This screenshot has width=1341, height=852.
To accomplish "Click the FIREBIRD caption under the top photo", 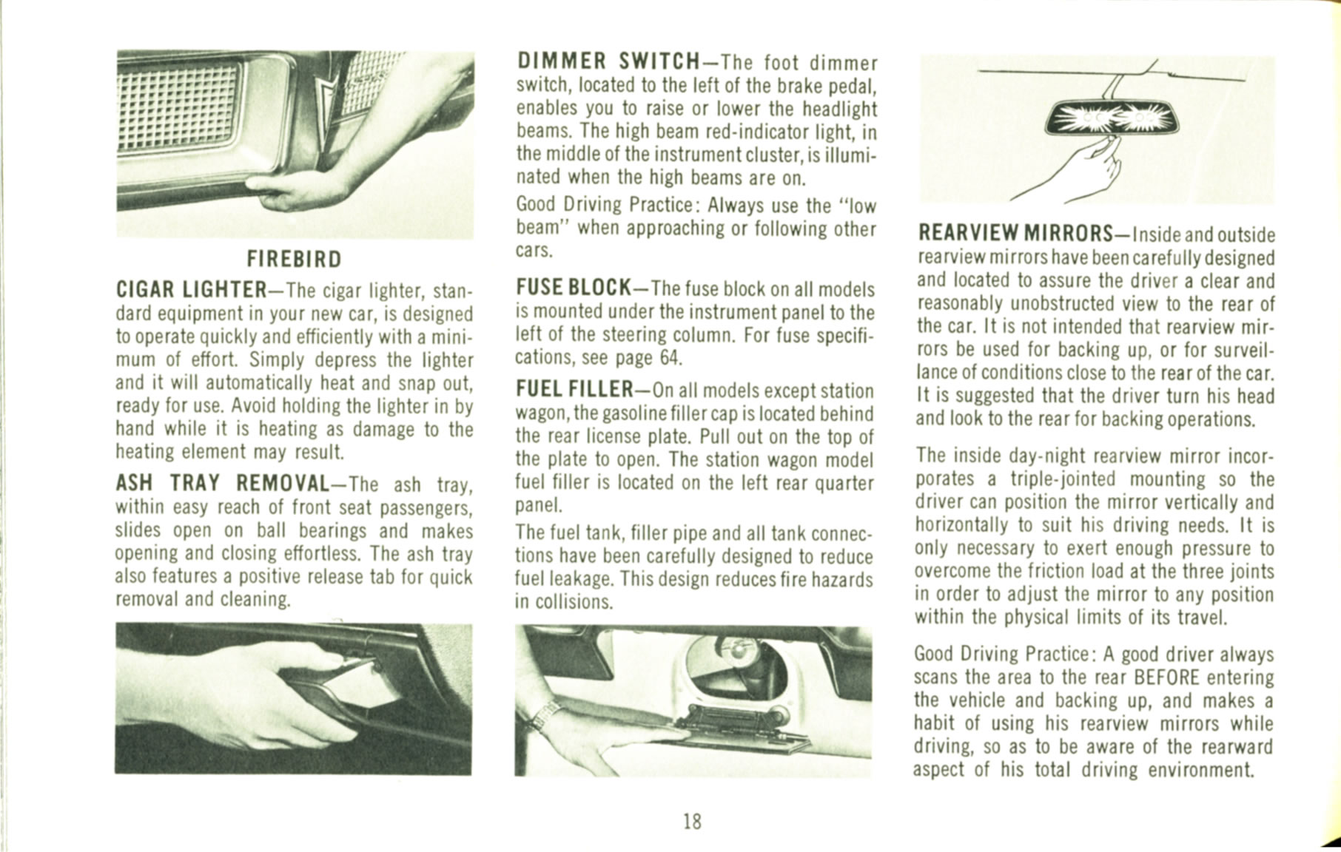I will [294, 260].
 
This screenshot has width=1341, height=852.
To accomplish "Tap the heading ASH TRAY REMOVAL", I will [221, 484].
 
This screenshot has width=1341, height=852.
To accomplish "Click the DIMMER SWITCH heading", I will [608, 61].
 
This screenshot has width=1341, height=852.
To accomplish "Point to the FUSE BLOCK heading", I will [573, 287].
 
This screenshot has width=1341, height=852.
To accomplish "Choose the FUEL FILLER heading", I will [573, 389].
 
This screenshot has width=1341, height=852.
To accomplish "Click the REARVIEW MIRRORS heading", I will [1015, 234].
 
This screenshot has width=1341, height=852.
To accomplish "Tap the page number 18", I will [692, 821].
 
